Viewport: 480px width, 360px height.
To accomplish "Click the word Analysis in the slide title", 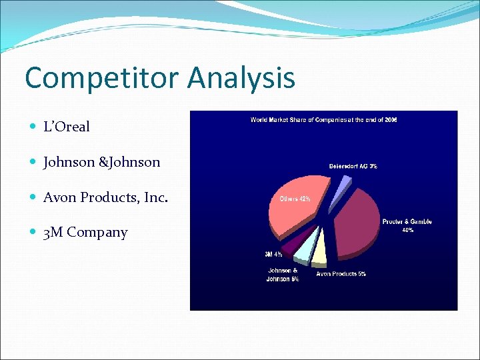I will pos(241,77).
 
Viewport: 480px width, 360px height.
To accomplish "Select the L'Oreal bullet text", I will pos(66,127).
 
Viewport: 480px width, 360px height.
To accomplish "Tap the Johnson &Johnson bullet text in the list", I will pos(101,162).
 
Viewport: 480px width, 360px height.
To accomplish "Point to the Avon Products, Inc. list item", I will pos(105,197).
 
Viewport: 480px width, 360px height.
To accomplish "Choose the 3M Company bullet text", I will pos(85,233).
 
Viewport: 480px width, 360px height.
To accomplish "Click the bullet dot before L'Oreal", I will pos(34,127).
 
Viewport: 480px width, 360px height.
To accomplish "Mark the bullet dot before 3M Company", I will pos(34,233).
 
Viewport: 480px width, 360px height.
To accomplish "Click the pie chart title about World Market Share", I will pos(323,120).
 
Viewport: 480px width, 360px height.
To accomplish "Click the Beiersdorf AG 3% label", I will pos(353,166).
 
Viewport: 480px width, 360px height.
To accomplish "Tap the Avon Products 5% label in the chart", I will pos(341,274).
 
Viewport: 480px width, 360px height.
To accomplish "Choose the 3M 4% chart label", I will pos(273,254).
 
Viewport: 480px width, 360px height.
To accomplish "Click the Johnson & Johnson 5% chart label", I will pos(283,275).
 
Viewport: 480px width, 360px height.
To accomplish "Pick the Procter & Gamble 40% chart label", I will pos(407,225).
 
